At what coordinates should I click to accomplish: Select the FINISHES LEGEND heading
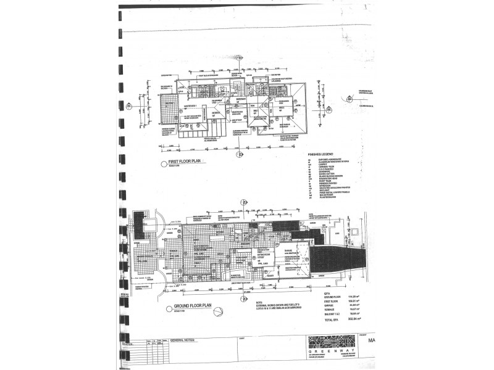(x=321, y=155)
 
